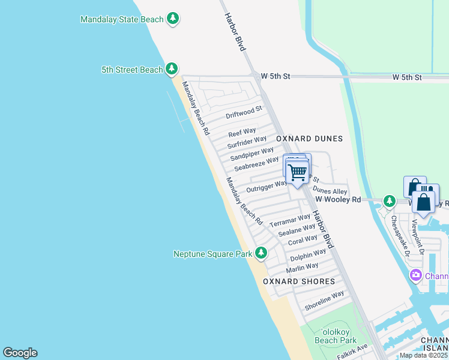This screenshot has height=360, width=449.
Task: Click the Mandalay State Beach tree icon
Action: (173, 19)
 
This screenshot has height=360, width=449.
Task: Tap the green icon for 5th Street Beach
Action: (172, 70)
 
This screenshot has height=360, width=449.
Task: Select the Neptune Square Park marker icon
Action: (261, 254)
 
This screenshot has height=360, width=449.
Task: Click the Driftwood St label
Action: (244, 112)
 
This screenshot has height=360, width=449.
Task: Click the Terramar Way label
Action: (290, 220)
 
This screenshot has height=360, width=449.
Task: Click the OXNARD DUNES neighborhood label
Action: (309, 139)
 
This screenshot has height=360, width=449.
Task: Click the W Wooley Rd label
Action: (338, 199)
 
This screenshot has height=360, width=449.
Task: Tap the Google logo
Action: (20, 353)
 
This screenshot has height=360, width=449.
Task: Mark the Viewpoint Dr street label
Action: (418, 237)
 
